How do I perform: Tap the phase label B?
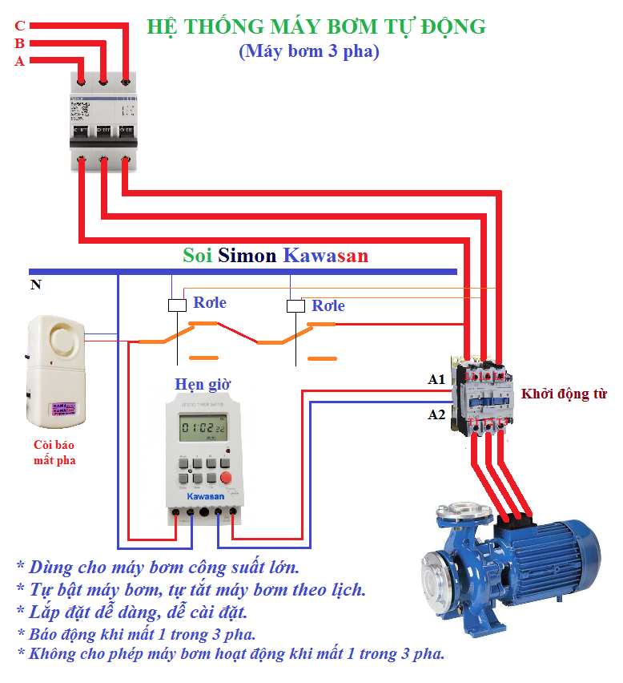point(20,43)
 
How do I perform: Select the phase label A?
point(20,61)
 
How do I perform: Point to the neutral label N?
point(35,284)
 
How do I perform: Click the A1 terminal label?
point(436,379)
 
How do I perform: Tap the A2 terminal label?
point(436,414)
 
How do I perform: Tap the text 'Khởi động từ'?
point(564,394)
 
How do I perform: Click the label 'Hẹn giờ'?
point(203,384)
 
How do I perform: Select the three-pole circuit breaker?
point(102,120)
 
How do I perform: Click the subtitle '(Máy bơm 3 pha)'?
point(308,51)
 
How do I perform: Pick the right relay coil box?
point(295,305)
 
